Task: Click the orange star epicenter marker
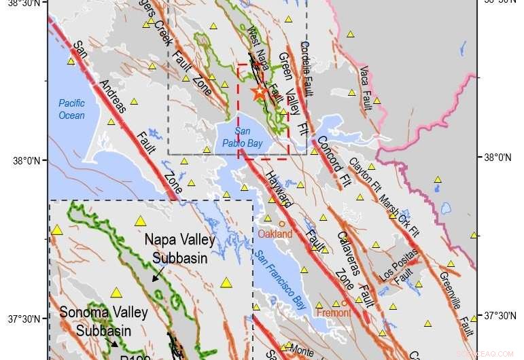point(259,93)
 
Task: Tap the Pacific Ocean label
point(71,109)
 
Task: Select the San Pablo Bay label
point(247,137)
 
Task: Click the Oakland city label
point(275,234)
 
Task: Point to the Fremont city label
point(333,313)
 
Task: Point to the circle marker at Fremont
point(344,303)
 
